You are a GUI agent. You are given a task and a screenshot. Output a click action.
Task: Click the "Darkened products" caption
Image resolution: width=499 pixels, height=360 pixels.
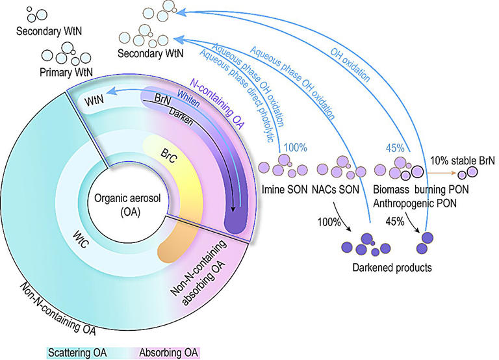(x=387, y=266)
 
